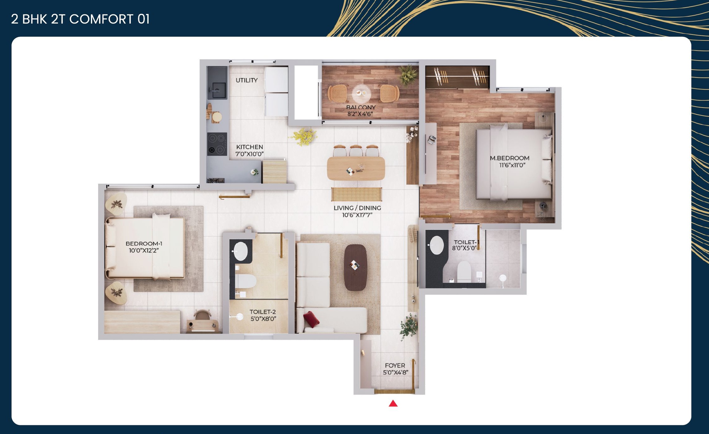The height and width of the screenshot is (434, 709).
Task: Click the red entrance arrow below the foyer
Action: click(393, 404)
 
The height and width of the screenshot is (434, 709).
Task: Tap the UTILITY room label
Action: click(247, 80)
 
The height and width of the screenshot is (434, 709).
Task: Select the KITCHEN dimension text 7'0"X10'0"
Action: click(249, 154)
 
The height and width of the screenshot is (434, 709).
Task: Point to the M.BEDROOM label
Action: click(509, 158)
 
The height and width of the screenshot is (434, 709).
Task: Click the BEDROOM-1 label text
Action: click(144, 243)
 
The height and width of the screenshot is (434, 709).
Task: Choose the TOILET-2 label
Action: click(263, 312)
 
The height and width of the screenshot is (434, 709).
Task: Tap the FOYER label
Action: click(395, 365)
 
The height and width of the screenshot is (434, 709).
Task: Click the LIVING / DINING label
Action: click(357, 208)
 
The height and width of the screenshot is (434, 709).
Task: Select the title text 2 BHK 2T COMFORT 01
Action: click(80, 19)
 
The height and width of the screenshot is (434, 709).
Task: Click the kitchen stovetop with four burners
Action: click(217, 144)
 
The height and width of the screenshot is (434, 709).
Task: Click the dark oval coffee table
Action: click(355, 267)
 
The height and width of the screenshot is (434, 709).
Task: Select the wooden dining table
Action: click(356, 168)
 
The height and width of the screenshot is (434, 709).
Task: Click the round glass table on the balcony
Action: click(361, 93)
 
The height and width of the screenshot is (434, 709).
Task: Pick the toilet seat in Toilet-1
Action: click(464, 271)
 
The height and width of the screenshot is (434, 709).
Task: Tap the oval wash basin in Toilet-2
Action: click(241, 251)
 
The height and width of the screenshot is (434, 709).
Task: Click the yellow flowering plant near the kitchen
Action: click(304, 136)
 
